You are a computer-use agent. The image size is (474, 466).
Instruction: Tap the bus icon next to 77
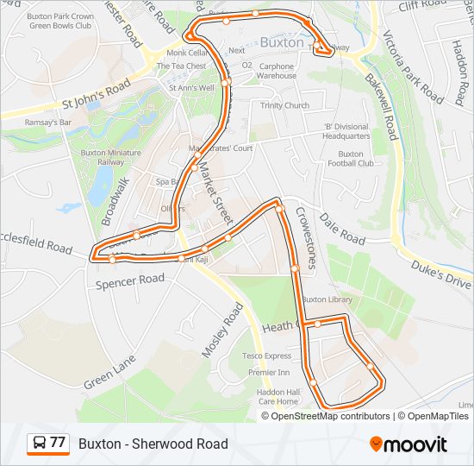(39, 444)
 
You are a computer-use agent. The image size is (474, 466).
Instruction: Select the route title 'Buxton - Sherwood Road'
(153, 444)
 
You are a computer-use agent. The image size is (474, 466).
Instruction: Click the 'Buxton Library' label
(327, 299)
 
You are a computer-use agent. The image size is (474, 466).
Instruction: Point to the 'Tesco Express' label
(266, 356)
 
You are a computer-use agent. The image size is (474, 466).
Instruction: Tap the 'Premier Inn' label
(268, 373)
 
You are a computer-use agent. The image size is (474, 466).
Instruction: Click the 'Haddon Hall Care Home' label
(278, 396)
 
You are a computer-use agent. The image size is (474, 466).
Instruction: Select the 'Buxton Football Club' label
(350, 158)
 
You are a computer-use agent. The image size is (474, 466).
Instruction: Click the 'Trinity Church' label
(284, 105)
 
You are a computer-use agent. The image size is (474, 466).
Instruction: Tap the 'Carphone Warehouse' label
(277, 71)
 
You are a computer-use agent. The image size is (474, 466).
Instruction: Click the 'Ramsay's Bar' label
(47, 123)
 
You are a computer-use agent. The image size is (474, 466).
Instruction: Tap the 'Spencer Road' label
(130, 280)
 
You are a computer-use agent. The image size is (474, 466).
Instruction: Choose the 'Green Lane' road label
(109, 372)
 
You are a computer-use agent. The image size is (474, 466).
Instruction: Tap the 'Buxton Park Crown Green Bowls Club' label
(59, 21)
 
